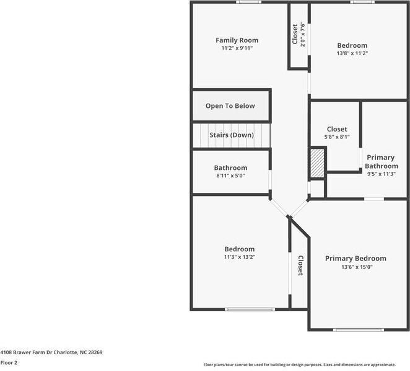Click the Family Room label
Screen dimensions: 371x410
(x=237, y=40)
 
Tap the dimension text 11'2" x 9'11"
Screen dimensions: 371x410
(x=237, y=48)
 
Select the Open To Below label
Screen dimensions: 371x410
(x=230, y=106)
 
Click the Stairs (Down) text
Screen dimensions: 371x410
(x=231, y=135)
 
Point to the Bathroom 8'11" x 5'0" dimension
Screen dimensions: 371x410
(x=230, y=176)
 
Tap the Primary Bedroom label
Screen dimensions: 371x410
(x=355, y=259)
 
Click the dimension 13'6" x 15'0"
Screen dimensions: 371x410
(x=356, y=267)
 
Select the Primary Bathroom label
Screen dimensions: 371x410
(x=381, y=162)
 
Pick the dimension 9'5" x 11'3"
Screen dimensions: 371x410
(x=381, y=174)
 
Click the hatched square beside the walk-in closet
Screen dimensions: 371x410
(x=317, y=163)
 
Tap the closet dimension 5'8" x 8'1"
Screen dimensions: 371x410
(x=337, y=137)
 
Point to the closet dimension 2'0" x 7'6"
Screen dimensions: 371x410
(x=303, y=35)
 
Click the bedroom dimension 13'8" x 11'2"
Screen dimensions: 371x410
(x=352, y=54)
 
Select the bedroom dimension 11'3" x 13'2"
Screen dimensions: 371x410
(x=239, y=257)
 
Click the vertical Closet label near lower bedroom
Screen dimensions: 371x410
(x=300, y=266)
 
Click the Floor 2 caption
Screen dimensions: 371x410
(x=9, y=362)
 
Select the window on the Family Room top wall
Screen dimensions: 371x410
(x=248, y=2)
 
